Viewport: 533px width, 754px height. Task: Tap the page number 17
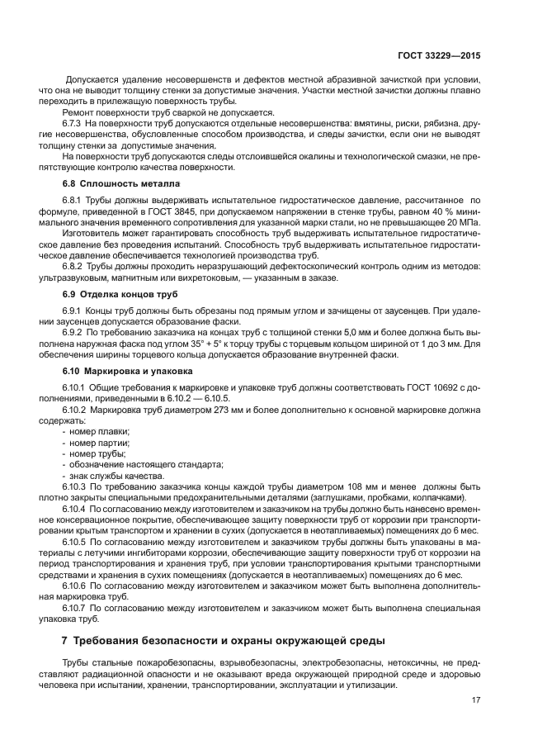475,700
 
